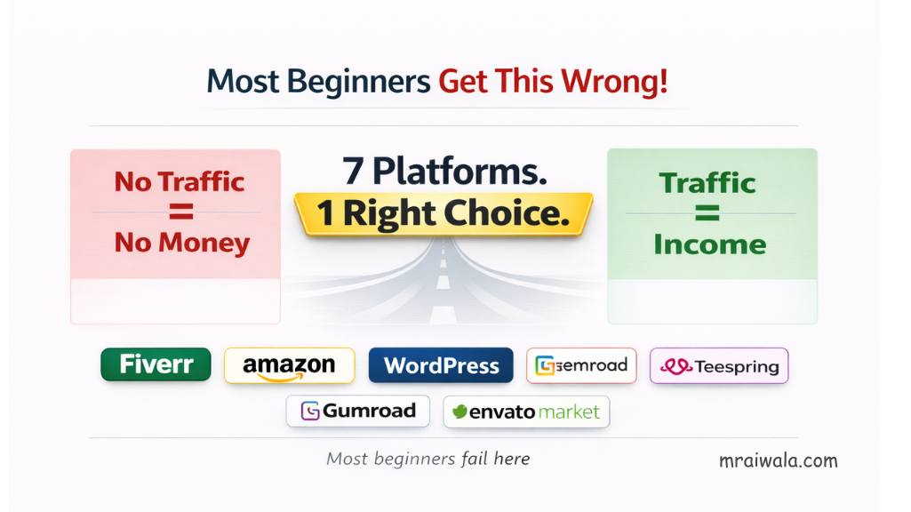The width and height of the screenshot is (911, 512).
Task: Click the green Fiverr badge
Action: pos(156,364)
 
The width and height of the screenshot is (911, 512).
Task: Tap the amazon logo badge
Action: pos(289,365)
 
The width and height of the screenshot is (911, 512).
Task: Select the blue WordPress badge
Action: pos(441,365)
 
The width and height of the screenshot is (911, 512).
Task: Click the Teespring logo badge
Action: pos(719,365)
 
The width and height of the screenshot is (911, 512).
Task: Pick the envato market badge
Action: pos(526,412)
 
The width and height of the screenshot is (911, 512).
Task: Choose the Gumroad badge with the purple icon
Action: pos(357,411)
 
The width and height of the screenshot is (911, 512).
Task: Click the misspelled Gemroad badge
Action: pos(581,365)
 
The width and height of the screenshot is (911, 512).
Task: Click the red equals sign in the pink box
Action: pos(181,212)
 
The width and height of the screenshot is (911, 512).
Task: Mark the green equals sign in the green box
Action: pos(709,214)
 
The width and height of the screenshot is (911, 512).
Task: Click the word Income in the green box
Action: pos(709,244)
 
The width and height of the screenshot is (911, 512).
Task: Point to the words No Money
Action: pos(181,243)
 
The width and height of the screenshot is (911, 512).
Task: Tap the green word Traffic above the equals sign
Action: pos(707,183)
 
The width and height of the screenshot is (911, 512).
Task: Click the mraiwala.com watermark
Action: pos(778,460)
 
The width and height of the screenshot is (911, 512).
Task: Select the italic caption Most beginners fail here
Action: pos(428,459)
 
